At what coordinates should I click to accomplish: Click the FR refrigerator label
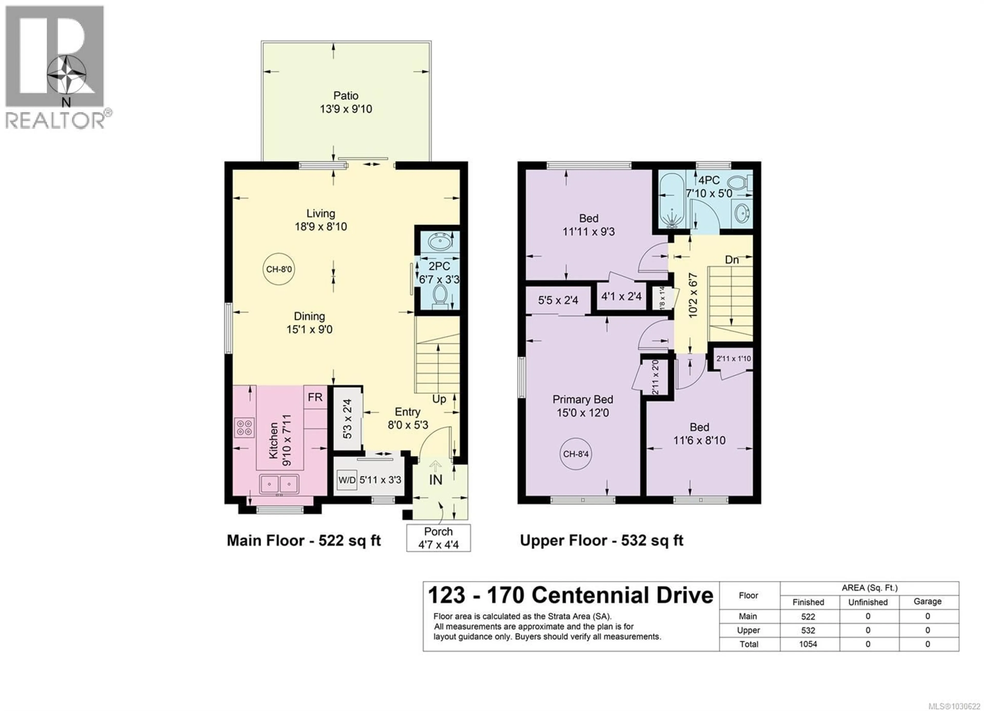click(315, 397)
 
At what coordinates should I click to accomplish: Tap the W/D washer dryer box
click(347, 480)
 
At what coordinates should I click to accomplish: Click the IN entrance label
click(436, 480)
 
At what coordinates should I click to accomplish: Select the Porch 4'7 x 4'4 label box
click(438, 538)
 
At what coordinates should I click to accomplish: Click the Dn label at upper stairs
click(732, 260)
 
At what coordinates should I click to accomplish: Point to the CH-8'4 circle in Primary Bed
click(576, 454)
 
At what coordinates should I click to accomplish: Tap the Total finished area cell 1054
click(808, 644)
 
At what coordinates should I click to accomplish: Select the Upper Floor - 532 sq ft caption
click(601, 540)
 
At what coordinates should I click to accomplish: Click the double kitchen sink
click(279, 483)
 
